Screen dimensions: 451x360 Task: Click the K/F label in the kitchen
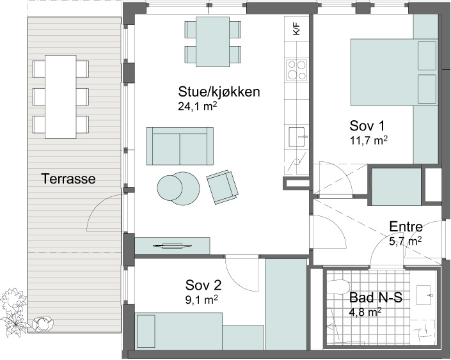[297, 29]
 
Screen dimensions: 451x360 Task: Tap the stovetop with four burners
[296, 70]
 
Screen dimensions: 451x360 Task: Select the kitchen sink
[297, 137]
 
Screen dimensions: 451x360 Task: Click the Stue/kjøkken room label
[219, 92]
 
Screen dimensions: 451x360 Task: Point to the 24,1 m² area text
[197, 106]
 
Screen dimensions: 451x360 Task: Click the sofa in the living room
[180, 146]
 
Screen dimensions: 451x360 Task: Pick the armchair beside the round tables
[222, 187]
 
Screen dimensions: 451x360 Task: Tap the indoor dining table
[213, 42]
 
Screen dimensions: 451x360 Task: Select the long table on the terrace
[61, 97]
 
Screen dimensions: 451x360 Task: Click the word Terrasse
[68, 179]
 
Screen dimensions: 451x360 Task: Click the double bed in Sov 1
[394, 72]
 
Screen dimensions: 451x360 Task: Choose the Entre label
[406, 226]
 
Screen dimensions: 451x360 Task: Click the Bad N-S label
[376, 297]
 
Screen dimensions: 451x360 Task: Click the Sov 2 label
[203, 285]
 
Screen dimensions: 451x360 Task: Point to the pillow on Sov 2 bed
[146, 331]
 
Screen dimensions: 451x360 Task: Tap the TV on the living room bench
[172, 246]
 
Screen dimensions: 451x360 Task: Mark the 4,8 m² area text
[365, 312]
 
